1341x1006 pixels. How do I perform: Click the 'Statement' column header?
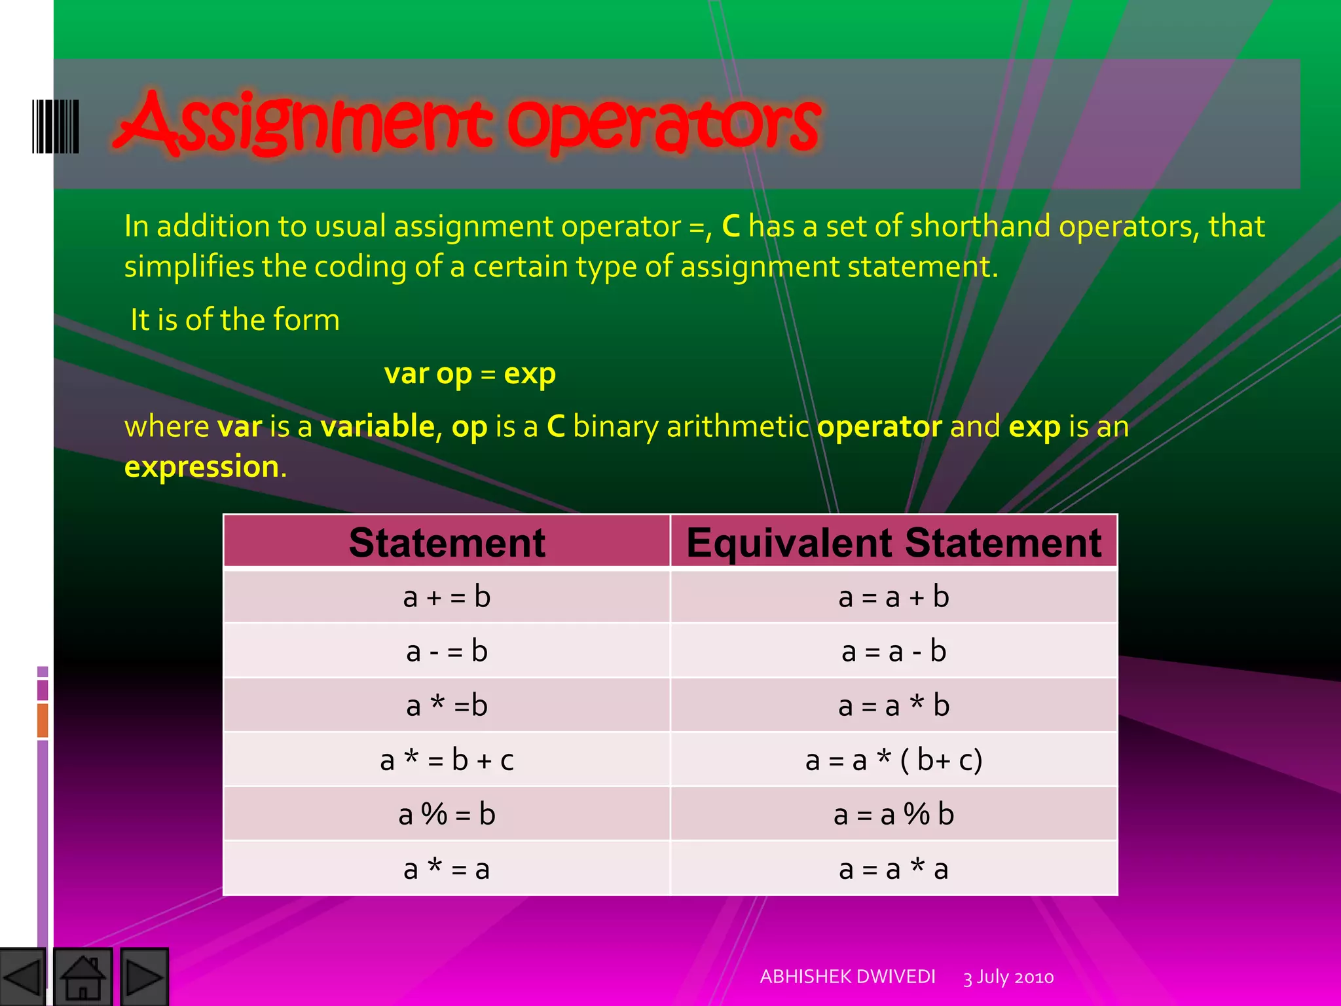pos(447,542)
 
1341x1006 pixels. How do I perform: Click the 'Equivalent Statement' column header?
pos(894,542)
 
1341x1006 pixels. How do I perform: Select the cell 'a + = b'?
pos(447,597)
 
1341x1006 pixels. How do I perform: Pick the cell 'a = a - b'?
pos(894,651)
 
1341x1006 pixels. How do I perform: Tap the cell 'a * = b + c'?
pos(447,760)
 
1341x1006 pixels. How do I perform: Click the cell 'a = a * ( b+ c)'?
pos(894,760)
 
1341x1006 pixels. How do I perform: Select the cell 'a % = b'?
pos(447,814)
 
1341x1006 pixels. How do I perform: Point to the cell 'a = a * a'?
pos(894,869)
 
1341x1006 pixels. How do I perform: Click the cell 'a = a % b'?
pos(894,814)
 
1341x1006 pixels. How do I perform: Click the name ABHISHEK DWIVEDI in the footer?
pos(847,977)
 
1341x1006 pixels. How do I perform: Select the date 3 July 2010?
pos(1008,977)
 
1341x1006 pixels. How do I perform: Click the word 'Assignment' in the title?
pos(304,124)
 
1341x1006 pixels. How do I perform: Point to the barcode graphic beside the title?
pos(56,126)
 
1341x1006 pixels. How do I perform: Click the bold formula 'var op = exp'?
pos(469,374)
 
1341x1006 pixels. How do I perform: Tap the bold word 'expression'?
pos(202,467)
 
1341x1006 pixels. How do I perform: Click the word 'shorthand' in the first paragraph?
pos(980,227)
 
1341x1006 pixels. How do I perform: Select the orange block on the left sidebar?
pos(43,720)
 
